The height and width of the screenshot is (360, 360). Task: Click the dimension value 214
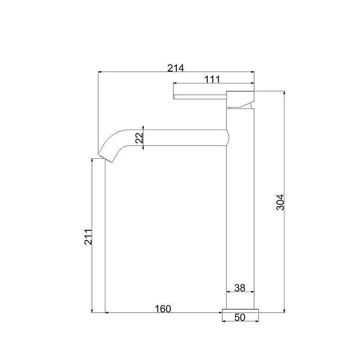pyautogui.click(x=176, y=68)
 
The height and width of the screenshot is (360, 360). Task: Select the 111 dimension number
pyautogui.click(x=212, y=79)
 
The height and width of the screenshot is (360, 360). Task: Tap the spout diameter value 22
pyautogui.click(x=139, y=138)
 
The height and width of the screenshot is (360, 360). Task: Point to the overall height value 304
pyautogui.click(x=280, y=202)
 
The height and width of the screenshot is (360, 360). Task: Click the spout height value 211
pyautogui.click(x=88, y=237)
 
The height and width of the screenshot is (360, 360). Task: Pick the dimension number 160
pyautogui.click(x=163, y=309)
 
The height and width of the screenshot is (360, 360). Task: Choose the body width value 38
pyautogui.click(x=240, y=288)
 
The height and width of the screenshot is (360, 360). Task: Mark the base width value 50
pyautogui.click(x=240, y=317)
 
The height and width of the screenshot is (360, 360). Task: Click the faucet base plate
pyautogui.click(x=240, y=311)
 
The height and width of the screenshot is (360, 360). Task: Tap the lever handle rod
pyautogui.click(x=200, y=97)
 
